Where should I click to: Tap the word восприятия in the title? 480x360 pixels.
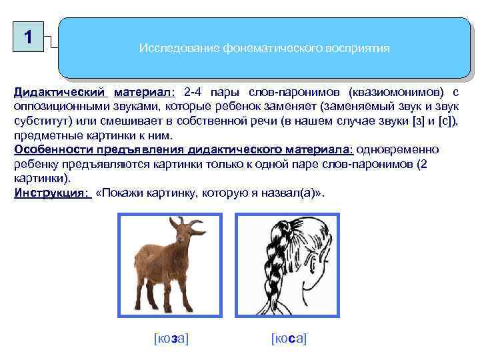(x=357, y=49)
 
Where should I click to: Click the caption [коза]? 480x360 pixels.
(x=171, y=339)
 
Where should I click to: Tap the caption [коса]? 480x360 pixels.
(x=289, y=339)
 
